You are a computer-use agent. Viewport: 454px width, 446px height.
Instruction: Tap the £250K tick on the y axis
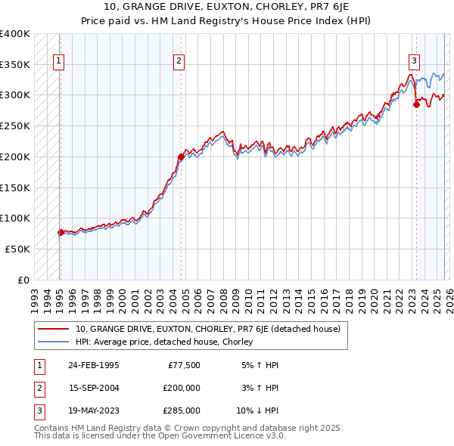pyautogui.click(x=15, y=125)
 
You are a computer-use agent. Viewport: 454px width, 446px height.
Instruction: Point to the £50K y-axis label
pyautogui.click(x=17, y=249)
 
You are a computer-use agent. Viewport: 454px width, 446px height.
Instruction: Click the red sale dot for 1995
pyautogui.click(x=61, y=232)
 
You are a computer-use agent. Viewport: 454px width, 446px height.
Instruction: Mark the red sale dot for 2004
pyautogui.click(x=181, y=157)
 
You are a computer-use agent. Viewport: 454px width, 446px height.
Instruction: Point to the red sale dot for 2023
pyautogui.click(x=415, y=105)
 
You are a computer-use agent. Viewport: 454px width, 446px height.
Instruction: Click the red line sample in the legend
pyautogui.click(x=54, y=329)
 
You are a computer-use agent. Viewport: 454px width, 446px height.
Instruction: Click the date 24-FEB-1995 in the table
pyautogui.click(x=93, y=364)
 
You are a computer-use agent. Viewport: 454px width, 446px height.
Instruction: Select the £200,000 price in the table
pyautogui.click(x=182, y=387)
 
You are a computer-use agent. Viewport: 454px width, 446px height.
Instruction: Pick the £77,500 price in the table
pyautogui.click(x=184, y=364)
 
